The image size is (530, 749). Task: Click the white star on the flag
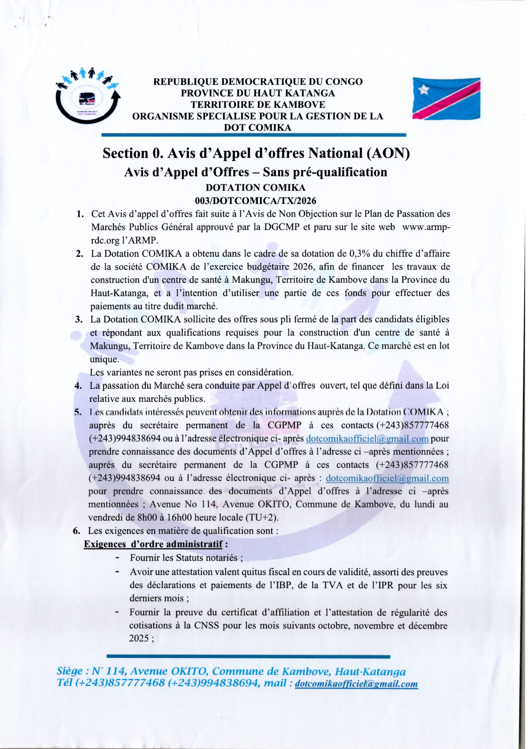424,88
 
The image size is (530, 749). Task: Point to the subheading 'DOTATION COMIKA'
256,188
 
